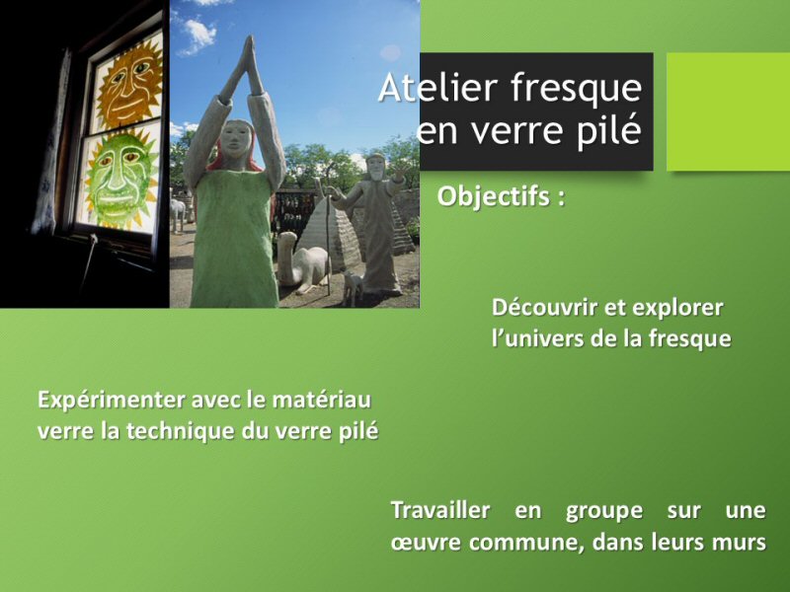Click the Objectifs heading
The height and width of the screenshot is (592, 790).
(x=501, y=196)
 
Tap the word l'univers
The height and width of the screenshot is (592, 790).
(x=535, y=337)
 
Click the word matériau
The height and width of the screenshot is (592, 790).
(x=322, y=401)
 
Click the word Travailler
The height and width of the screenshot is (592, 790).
(x=440, y=510)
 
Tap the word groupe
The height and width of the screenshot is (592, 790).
(x=604, y=512)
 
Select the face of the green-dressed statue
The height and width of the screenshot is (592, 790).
(x=236, y=139)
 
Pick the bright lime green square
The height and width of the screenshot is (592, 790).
(x=728, y=111)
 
